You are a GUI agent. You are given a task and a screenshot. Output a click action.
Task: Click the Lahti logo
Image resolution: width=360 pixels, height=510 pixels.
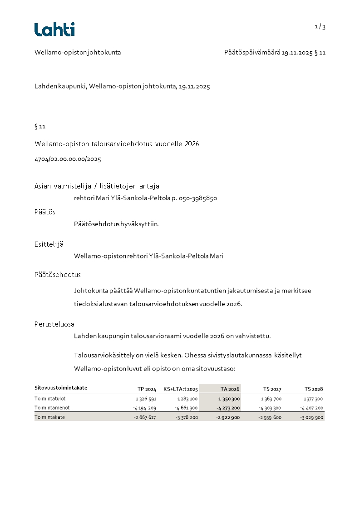[54, 30]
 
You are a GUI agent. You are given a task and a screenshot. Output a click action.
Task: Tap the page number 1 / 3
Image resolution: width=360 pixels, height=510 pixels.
[320, 27]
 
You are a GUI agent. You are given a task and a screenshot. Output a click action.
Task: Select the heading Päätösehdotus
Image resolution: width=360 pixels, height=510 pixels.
[58, 275]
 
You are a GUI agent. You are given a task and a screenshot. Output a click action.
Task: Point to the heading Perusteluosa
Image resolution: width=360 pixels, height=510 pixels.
[54, 324]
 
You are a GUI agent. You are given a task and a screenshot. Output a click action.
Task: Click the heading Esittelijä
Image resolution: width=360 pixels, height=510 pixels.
[49, 244]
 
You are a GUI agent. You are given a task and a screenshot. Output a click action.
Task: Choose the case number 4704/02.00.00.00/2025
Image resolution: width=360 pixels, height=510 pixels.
[68, 159]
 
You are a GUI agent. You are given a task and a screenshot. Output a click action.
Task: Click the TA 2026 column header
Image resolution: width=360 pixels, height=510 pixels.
[230, 389]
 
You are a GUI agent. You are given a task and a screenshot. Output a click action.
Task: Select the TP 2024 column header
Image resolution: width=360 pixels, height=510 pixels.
[147, 389]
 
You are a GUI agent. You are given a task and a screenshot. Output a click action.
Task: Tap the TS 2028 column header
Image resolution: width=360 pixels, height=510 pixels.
[314, 389]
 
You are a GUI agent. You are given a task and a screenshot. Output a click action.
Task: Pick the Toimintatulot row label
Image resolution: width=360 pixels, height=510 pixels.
[49, 399]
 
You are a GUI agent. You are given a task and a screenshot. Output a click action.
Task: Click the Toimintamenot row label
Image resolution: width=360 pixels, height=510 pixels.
[52, 408]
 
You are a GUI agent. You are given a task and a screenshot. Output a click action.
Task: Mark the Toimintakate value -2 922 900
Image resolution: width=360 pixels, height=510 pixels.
[228, 417]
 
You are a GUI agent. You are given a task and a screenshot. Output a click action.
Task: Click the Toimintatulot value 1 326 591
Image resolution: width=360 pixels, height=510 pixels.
[146, 399]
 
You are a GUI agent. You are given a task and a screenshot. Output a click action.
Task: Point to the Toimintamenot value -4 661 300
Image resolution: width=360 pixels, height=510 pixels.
[186, 408]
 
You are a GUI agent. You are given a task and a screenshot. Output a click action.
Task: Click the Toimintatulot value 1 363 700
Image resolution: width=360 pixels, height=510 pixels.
[271, 399]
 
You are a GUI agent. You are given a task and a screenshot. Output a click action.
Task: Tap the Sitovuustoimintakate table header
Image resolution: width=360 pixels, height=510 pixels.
[61, 388]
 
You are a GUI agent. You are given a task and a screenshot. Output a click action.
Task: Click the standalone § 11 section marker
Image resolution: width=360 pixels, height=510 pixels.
[40, 126]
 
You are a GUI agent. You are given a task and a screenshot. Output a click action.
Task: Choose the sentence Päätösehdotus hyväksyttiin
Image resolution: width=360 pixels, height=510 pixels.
[116, 223]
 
